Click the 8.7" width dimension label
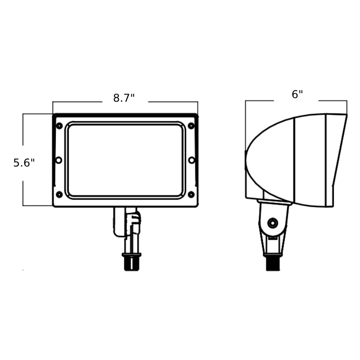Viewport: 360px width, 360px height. [124, 98]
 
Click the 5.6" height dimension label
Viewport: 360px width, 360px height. [24, 163]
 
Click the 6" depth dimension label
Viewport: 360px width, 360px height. [297, 94]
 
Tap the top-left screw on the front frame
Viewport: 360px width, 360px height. [59, 126]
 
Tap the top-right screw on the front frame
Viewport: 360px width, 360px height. [191, 126]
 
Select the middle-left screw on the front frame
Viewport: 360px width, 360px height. [58, 160]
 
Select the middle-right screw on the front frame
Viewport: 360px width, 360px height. [192, 160]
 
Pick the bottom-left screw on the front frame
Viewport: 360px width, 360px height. [59, 194]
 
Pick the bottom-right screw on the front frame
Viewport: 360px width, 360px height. [191, 194]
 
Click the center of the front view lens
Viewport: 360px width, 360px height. [126, 160]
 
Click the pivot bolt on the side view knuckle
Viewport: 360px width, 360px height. [272, 223]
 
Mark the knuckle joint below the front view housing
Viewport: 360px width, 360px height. [127, 223]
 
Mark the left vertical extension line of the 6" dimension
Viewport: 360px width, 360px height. [246, 126]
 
